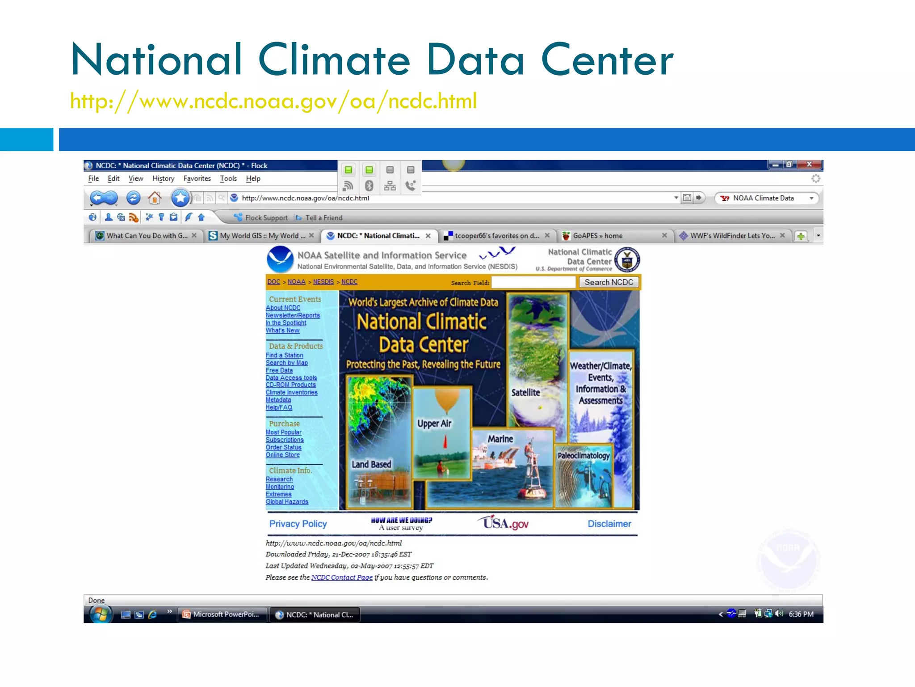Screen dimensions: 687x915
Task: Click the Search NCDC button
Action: [x=609, y=282]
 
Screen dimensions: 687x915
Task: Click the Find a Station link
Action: [x=284, y=355]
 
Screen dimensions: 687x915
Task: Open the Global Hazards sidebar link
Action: [x=287, y=502]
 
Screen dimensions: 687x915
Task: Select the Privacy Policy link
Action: [x=298, y=524]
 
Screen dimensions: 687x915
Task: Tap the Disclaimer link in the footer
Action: [x=609, y=524]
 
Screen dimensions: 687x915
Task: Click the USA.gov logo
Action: [x=504, y=523]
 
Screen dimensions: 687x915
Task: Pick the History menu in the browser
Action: [x=163, y=178]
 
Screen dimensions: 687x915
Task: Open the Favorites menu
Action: [x=197, y=178]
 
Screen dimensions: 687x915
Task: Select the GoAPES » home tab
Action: [x=597, y=236]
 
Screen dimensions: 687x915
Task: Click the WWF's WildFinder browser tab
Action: [x=732, y=236]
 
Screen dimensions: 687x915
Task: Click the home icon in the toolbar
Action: [x=155, y=198]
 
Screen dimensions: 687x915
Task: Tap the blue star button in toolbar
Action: [x=180, y=198]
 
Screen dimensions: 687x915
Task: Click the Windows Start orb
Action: [x=100, y=615]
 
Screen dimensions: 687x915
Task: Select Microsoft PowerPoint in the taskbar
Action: [x=222, y=615]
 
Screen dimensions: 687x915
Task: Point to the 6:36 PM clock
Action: [x=801, y=614]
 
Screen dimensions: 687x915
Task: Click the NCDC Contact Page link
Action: [x=342, y=577]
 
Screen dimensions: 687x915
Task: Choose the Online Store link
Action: [x=283, y=455]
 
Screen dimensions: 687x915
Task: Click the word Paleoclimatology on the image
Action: [x=583, y=455]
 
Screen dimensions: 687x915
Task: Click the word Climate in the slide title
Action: [x=334, y=60]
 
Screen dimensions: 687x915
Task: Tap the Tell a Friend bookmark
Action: [x=323, y=218]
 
